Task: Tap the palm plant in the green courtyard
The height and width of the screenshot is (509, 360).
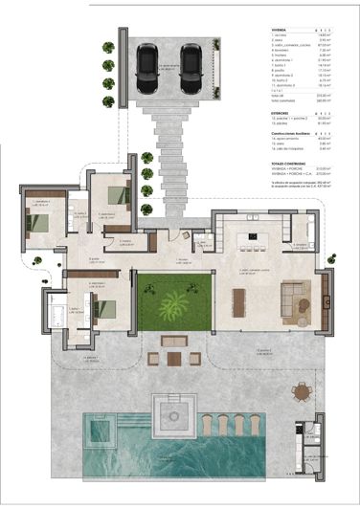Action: coord(174,306)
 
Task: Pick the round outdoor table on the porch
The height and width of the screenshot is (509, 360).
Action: coord(303,390)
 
